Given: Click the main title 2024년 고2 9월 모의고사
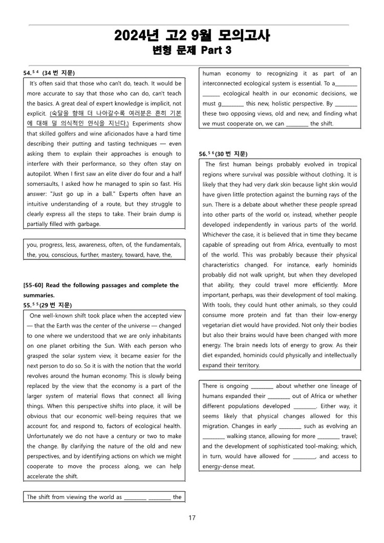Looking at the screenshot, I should (x=192, y=36).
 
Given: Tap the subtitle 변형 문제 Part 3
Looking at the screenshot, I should (x=192, y=50).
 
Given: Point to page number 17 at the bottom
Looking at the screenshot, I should (x=192, y=518).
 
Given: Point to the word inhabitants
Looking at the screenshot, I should (x=163, y=336).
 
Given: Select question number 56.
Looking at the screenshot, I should (x=204, y=154).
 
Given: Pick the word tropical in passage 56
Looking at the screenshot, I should (x=343, y=164).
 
